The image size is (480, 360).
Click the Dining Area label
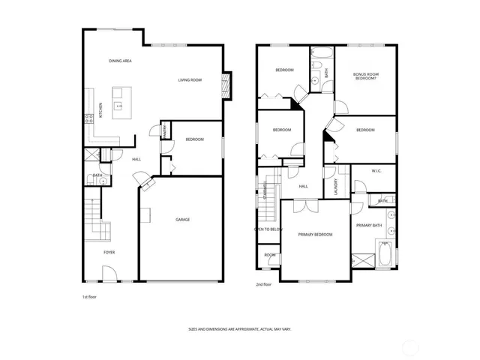[x=120, y=60]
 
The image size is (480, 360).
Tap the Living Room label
[x=190, y=80]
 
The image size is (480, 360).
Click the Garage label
[x=182, y=220]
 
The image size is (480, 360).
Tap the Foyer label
[x=109, y=252]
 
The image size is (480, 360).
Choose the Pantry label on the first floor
[x=164, y=131]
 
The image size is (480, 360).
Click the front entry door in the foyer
[x=109, y=280]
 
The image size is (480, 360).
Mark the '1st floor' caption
[x=89, y=297]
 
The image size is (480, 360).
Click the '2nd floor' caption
[x=263, y=285]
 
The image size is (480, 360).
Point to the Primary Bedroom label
[x=315, y=235]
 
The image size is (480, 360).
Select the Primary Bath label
[x=369, y=225]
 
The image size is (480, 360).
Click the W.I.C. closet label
[x=376, y=170]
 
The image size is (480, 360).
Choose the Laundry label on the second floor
[x=335, y=185]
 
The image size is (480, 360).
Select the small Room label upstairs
[x=268, y=256]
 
